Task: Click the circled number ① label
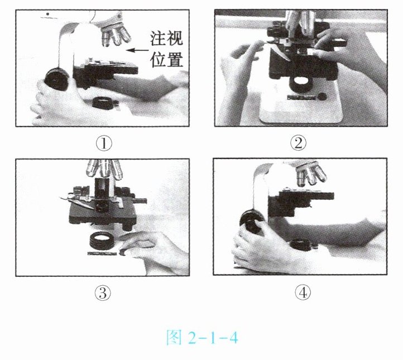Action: (x=104, y=143)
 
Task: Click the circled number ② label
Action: (x=298, y=143)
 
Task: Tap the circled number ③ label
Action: (x=103, y=293)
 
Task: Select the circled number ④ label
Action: (x=303, y=292)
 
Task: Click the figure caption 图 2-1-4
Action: (x=202, y=337)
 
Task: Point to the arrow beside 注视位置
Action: (x=137, y=50)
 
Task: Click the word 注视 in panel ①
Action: (x=166, y=39)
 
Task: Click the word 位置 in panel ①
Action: (x=166, y=60)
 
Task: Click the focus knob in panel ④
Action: (x=252, y=221)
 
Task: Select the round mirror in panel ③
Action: (x=102, y=241)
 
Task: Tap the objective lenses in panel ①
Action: (x=116, y=34)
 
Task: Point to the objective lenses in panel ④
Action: (x=311, y=174)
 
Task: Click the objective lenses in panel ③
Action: (x=104, y=169)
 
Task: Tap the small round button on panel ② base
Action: (x=322, y=97)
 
